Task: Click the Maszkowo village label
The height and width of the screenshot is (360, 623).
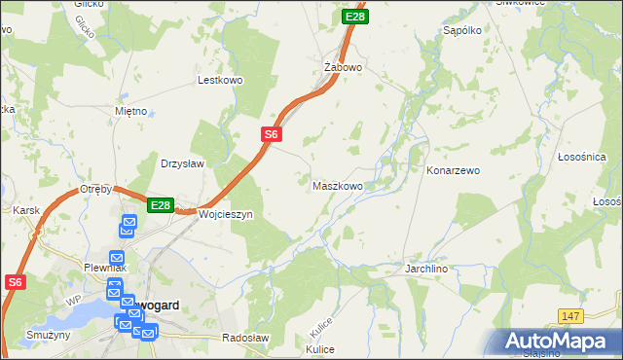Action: pyautogui.click(x=338, y=185)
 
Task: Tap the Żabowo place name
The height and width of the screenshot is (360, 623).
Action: pyautogui.click(x=343, y=67)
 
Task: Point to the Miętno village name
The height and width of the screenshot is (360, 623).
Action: pyautogui.click(x=129, y=112)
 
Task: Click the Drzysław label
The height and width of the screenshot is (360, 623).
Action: pyautogui.click(x=182, y=163)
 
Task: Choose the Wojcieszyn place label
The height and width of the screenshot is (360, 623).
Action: pyautogui.click(x=226, y=213)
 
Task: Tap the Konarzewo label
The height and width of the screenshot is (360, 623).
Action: pyautogui.click(x=454, y=170)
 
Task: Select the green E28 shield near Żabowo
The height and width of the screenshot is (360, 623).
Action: pyautogui.click(x=355, y=17)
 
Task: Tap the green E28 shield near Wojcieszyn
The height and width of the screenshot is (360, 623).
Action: pyautogui.click(x=161, y=205)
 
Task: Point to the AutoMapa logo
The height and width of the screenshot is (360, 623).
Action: pyautogui.click(x=559, y=341)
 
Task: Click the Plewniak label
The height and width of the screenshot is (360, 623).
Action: pyautogui.click(x=100, y=268)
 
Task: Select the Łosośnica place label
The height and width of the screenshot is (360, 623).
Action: pyautogui.click(x=582, y=157)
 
